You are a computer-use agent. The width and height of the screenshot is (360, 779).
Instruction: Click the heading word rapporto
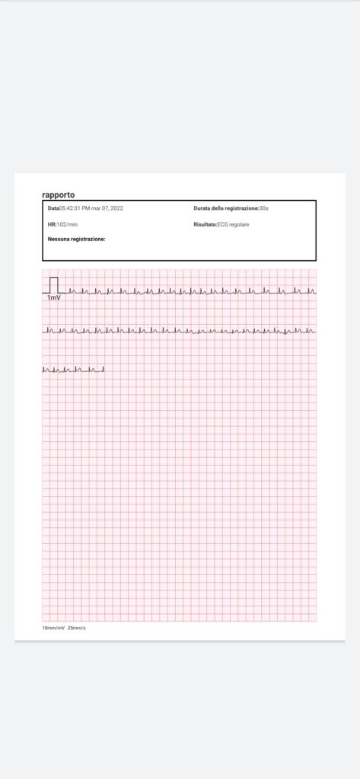(59, 195)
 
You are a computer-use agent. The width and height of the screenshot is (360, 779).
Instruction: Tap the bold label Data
(53, 208)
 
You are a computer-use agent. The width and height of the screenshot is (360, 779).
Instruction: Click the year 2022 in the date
(116, 208)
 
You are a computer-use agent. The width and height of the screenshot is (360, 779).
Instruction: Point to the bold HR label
(51, 224)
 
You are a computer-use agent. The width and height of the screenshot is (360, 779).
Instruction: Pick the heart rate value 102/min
(68, 224)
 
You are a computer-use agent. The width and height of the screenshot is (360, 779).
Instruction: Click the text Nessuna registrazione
(76, 239)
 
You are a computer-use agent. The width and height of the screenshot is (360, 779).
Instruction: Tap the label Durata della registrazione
(226, 208)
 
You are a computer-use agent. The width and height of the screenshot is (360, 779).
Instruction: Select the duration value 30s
(264, 208)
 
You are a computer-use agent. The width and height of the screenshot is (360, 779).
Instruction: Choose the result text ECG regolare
(234, 224)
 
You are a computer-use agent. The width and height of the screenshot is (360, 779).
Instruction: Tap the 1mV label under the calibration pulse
(54, 298)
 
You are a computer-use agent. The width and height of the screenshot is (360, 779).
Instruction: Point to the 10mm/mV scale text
(53, 628)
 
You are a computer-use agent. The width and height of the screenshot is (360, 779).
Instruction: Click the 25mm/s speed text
(77, 628)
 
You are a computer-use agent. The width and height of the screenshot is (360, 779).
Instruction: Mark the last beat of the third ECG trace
(102, 369)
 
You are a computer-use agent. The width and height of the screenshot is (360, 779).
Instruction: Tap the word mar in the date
(96, 208)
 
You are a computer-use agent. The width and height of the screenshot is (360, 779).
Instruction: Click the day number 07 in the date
(106, 208)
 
